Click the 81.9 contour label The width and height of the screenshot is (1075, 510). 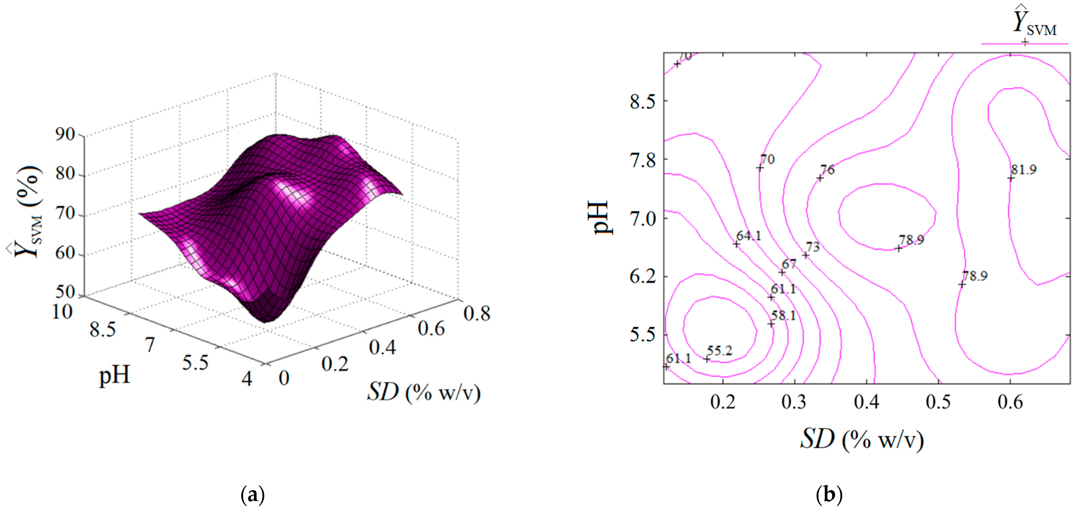tap(1024, 170)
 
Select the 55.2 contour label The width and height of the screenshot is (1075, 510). tap(719, 351)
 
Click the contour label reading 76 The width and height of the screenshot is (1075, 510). tap(827, 170)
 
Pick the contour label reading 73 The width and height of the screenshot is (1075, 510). tap(813, 247)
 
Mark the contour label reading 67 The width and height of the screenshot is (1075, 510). tap(789, 264)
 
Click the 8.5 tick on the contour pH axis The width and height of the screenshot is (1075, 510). tap(643, 101)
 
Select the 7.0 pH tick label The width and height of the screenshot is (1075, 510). tap(643, 218)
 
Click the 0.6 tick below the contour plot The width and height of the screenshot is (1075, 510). tap(1010, 402)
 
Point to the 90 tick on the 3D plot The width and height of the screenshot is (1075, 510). tap(65, 134)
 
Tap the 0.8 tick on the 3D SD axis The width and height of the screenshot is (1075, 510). tap(477, 314)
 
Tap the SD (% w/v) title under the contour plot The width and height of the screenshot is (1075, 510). tap(862, 439)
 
